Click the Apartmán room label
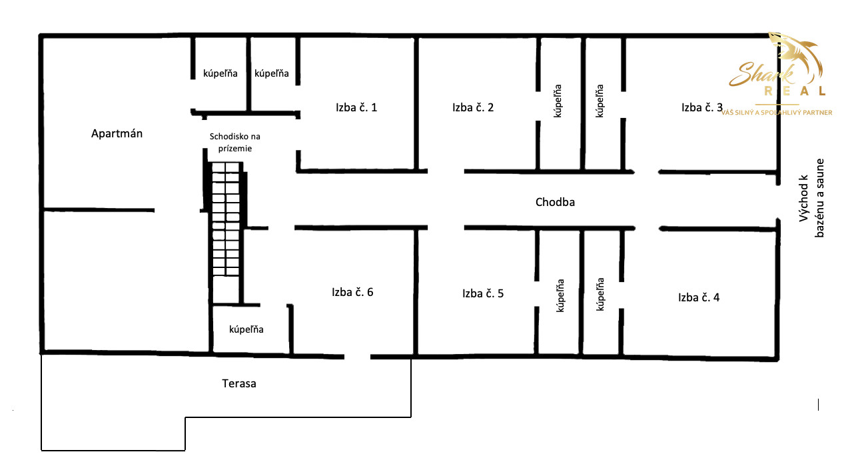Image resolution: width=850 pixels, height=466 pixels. point(117,133)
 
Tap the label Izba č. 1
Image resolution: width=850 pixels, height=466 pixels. point(356,107)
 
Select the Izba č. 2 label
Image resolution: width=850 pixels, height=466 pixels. point(473,107)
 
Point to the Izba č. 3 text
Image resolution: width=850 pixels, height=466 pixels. point(702,107)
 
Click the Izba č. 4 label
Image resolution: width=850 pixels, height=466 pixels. point(699,297)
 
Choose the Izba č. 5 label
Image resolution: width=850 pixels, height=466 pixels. point(483,293)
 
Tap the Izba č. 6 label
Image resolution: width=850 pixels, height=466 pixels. point(352,292)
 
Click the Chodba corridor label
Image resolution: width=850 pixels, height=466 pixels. point(555,202)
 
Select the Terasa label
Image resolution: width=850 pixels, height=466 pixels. point(239,383)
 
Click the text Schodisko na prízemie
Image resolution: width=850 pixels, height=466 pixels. point(235,142)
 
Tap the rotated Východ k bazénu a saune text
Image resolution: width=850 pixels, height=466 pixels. point(811,198)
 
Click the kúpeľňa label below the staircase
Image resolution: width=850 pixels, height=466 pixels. point(246,329)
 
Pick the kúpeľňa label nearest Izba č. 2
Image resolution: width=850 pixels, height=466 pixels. point(558,101)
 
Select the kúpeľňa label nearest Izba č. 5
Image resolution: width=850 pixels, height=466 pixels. point(560,295)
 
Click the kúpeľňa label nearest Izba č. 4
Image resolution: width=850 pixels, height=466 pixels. point(600,295)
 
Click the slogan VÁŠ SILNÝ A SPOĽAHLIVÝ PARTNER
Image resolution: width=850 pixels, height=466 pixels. point(777,113)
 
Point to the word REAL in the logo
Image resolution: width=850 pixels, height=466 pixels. point(795,91)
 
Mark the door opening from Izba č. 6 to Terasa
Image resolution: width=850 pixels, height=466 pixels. point(358,357)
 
